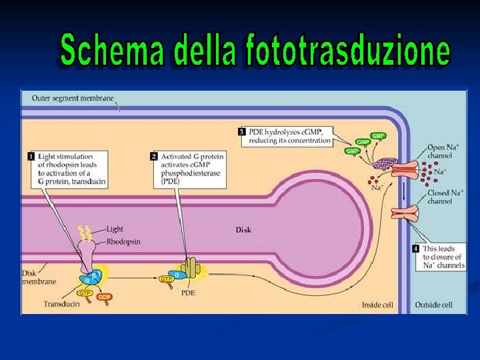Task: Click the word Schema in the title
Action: [x=111, y=50]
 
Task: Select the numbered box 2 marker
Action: [x=154, y=156]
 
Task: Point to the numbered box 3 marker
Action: [x=242, y=131]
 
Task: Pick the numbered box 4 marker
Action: [x=416, y=249]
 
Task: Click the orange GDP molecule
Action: [x=104, y=297]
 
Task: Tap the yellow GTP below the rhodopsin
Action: [x=85, y=293]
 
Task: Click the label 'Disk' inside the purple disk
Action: [x=243, y=230]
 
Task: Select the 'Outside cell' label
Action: [x=433, y=305]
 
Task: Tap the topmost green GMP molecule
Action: [x=378, y=136]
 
